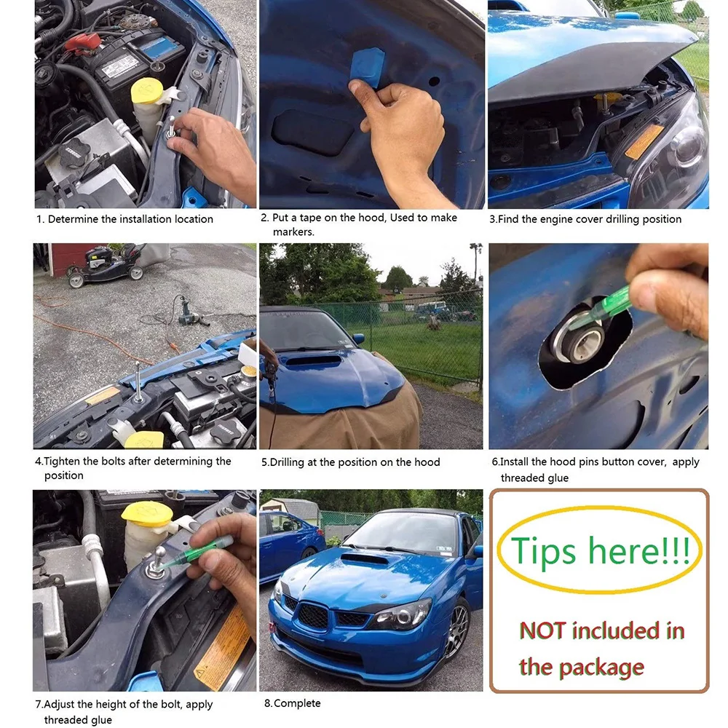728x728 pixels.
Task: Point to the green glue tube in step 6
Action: pos(604,308)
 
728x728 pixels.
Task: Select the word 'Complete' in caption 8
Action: pos(297,703)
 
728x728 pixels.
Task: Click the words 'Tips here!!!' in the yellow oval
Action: pos(600,550)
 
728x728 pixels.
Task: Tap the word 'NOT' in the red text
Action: pos(542,630)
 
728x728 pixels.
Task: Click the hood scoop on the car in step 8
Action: pos(365,560)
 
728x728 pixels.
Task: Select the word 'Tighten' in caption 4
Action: pos(62,462)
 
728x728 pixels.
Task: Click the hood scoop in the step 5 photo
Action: pos(312,362)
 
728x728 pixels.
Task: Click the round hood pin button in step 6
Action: pos(577,341)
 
